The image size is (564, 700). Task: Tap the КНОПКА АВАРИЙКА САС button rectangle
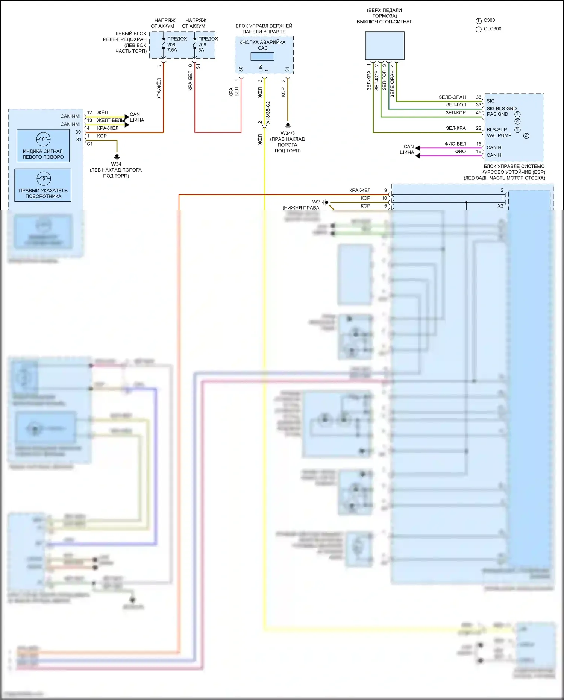pyautogui.click(x=262, y=56)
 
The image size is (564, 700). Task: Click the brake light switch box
pyautogui.click(x=385, y=46)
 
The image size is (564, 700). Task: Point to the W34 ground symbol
pyautogui.click(x=117, y=156)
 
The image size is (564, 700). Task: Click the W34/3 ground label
pyautogui.click(x=288, y=133)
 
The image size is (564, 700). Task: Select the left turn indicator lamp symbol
pyautogui.click(x=43, y=139)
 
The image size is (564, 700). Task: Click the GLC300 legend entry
pyautogui.click(x=492, y=29)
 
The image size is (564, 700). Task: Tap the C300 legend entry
pyautogui.click(x=489, y=20)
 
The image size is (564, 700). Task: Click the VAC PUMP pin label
pyautogui.click(x=499, y=135)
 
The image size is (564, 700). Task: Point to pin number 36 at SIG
pyautogui.click(x=478, y=97)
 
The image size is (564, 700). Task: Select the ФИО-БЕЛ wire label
pyautogui.click(x=455, y=144)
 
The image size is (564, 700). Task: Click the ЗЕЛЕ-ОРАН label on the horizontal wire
pyautogui.click(x=452, y=97)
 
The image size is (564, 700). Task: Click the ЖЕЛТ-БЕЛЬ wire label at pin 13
pyautogui.click(x=111, y=120)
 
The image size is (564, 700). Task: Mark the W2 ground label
pyautogui.click(x=316, y=202)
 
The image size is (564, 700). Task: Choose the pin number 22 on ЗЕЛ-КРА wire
pyautogui.click(x=478, y=128)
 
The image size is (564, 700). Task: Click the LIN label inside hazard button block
pyautogui.click(x=261, y=68)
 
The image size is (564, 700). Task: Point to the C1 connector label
pyautogui.click(x=90, y=144)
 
